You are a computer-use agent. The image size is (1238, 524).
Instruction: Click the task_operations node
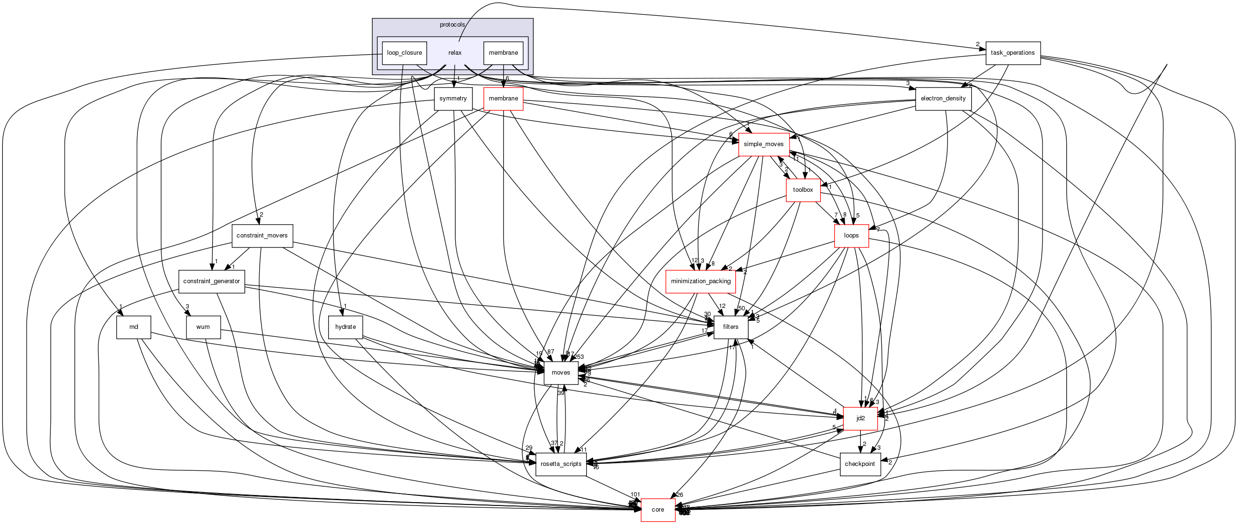click(1013, 53)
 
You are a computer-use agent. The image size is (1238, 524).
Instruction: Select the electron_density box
click(943, 99)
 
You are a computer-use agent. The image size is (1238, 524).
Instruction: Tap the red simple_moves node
click(764, 144)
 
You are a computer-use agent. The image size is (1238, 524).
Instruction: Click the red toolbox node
click(803, 190)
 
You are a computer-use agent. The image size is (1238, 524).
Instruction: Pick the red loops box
click(851, 236)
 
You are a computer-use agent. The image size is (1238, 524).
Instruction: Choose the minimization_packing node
click(700, 281)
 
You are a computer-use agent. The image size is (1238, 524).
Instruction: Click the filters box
click(731, 327)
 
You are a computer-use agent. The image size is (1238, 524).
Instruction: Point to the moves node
click(561, 373)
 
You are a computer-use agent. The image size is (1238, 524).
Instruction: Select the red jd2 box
click(860, 418)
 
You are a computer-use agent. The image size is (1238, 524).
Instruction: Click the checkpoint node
click(860, 464)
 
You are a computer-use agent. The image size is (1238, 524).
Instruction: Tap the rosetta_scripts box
click(561, 464)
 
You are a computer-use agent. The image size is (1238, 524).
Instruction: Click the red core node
click(658, 510)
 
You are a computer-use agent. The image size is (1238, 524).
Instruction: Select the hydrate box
click(345, 327)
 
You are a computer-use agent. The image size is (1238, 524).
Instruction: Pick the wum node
click(203, 327)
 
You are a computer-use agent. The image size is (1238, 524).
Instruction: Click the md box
click(134, 327)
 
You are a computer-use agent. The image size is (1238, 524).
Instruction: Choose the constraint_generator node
click(212, 281)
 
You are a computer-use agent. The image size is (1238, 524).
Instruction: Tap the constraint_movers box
click(262, 236)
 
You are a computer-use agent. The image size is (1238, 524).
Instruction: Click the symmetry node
click(453, 99)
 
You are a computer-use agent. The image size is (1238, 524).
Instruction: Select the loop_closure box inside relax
click(404, 53)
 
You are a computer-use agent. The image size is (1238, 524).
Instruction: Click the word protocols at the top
click(452, 25)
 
